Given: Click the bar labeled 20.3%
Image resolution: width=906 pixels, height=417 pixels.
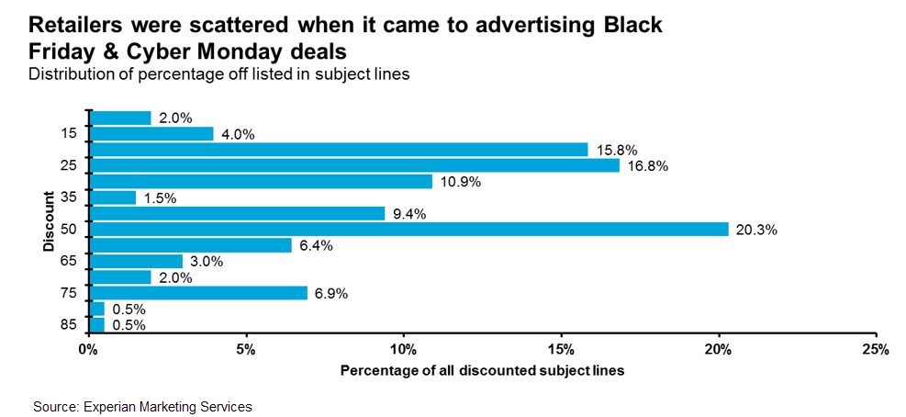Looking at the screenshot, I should pos(408,229).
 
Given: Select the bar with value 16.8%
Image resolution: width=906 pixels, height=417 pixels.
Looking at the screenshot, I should pos(354,165).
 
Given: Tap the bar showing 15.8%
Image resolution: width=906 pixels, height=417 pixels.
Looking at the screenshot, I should pos(339,150).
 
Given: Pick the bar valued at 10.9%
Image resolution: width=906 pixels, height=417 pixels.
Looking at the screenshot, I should pos(261,181).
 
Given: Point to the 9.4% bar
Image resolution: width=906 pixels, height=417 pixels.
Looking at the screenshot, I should pos(237,213).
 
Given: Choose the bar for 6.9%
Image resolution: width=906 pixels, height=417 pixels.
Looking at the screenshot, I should pos(198,293).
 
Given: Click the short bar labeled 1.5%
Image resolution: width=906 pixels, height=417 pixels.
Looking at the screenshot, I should pos(113,197).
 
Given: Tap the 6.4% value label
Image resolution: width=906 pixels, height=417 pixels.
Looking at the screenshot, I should pos(315,245).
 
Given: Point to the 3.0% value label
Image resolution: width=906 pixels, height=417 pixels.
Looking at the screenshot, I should pos(206,262).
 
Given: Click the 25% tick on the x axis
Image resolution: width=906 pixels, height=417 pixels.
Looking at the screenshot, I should pos(876,350).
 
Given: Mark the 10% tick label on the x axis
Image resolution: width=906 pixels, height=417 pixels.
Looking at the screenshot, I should pos(403,350).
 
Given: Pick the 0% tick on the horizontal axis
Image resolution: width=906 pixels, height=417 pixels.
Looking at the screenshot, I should pos(88,350).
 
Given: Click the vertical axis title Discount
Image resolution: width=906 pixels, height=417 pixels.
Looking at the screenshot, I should pos(48,221).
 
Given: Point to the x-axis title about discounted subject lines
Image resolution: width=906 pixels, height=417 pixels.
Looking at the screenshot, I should pos(482,371).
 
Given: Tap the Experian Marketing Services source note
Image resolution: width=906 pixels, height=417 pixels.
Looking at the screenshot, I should pos(142,405).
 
